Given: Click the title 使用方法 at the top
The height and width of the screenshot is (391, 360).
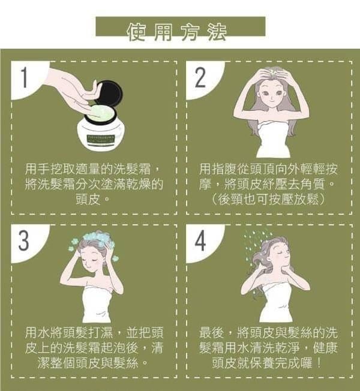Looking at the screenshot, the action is point(176,32).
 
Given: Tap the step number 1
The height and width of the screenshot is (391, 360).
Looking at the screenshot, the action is point(24,77).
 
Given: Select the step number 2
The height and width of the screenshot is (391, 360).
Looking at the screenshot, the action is point(200,77).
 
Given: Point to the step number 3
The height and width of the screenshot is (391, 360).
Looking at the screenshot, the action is point(24,240).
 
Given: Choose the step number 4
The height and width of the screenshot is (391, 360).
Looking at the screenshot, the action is point(200,240).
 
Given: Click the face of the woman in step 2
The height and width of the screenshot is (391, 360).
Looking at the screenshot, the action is point(271,94).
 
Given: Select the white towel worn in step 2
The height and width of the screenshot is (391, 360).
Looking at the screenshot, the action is point(274,140).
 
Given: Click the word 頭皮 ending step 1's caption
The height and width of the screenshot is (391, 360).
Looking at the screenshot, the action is point(88,199).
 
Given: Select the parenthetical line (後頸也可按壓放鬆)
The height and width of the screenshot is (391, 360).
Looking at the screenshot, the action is point(268,199).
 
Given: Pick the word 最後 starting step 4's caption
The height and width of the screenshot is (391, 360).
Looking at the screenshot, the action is point(212,332).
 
